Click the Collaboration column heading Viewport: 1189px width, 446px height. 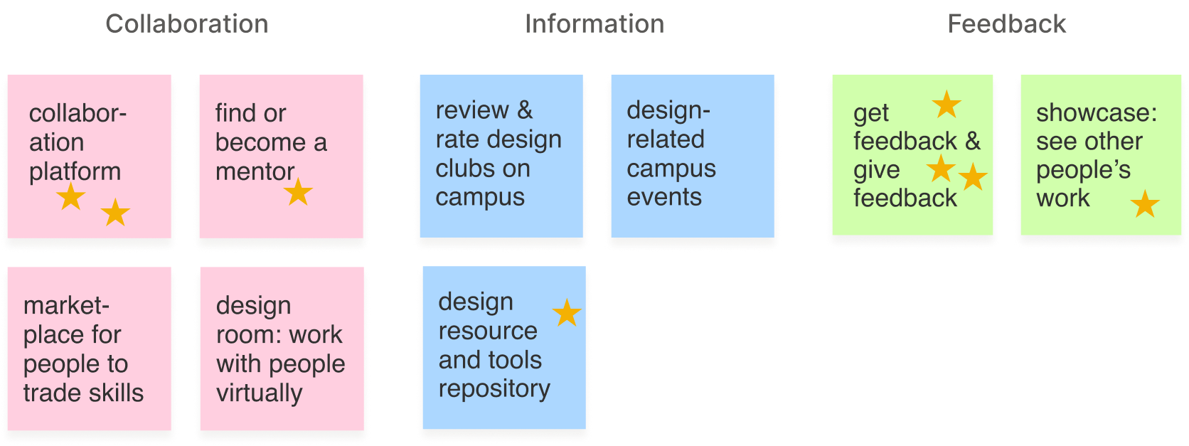click(187, 24)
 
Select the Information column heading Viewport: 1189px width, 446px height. click(594, 24)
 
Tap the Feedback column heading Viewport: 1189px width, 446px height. click(1007, 24)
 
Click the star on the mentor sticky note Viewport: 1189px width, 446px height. click(298, 192)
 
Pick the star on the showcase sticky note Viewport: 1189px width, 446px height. click(1145, 204)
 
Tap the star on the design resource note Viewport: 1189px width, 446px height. click(567, 313)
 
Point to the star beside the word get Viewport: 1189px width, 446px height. click(947, 105)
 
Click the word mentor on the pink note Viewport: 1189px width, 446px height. click(255, 171)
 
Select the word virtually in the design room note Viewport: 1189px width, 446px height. click(259, 393)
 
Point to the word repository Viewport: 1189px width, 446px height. click(494, 389)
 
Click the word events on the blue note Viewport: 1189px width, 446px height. click(664, 197)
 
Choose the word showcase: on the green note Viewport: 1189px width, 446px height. click(1097, 112)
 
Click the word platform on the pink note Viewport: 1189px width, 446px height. click(75, 171)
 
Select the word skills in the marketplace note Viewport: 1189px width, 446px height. click(113, 393)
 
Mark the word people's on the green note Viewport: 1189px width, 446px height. click(1083, 171)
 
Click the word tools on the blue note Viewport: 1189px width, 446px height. click(511, 360)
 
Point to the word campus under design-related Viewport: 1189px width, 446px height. click(671, 169)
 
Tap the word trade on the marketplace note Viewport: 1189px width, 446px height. click(50, 393)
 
